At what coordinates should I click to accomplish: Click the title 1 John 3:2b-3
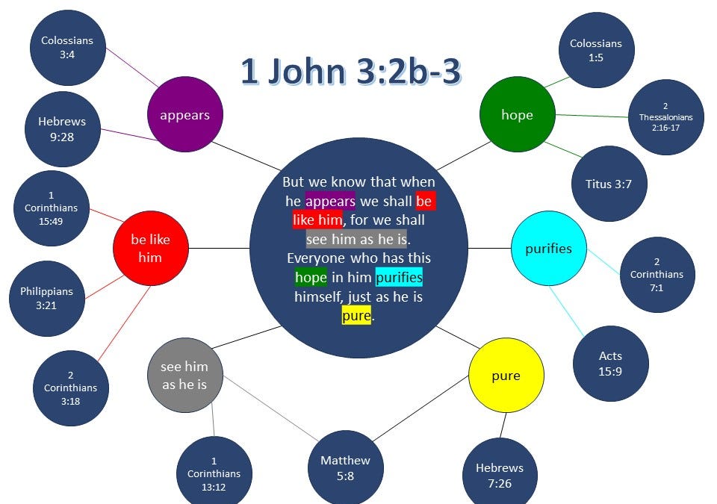tap(350, 72)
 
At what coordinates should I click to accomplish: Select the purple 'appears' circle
tap(184, 115)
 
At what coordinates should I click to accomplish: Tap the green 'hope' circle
tap(517, 114)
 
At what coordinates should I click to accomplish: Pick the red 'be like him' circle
tap(150, 249)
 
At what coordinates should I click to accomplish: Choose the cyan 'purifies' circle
tap(548, 249)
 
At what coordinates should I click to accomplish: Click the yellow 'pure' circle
tap(506, 376)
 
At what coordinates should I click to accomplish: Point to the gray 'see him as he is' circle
tap(184, 376)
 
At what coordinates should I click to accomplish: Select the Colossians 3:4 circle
tap(67, 46)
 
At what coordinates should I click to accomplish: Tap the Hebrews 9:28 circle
tap(62, 128)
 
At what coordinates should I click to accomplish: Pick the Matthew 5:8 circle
tap(345, 467)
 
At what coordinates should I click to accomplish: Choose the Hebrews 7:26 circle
tap(500, 474)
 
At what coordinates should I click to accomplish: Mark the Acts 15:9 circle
tap(610, 363)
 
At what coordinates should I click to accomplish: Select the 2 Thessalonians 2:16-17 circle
tap(665, 117)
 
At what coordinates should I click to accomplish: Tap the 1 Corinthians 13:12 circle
tap(214, 473)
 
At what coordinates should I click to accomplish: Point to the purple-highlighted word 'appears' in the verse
tap(330, 201)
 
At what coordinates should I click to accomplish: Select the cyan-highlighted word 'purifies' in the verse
tap(399, 278)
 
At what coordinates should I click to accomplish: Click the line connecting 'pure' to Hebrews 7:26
tap(503, 425)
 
